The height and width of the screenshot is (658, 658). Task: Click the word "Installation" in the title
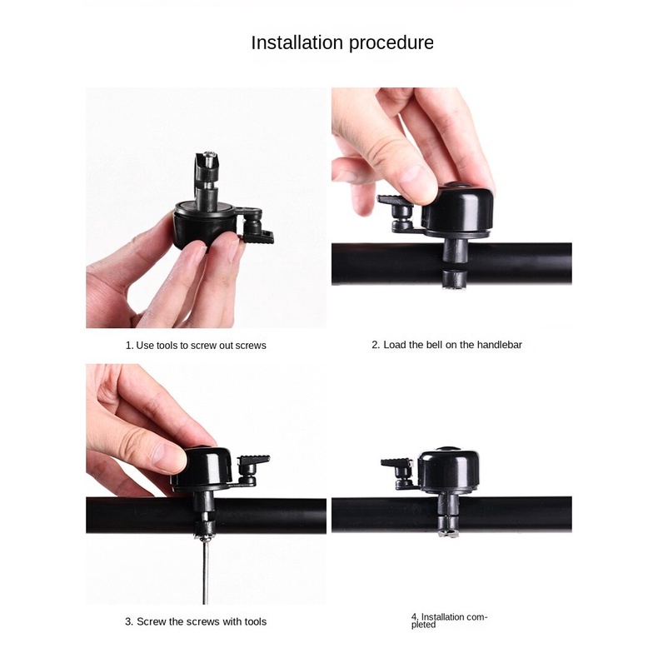point(297,42)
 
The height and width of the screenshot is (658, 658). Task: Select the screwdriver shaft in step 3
point(205,571)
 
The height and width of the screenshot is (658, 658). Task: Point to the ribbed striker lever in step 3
point(253,460)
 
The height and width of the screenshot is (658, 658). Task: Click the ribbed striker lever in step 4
point(397,463)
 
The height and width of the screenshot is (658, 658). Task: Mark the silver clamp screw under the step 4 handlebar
point(449,534)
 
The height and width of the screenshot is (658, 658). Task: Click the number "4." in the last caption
point(415,617)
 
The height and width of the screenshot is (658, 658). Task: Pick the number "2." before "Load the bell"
point(376,345)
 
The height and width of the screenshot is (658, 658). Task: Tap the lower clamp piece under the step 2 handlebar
point(454,280)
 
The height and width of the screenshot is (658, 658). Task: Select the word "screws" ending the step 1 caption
point(251,346)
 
